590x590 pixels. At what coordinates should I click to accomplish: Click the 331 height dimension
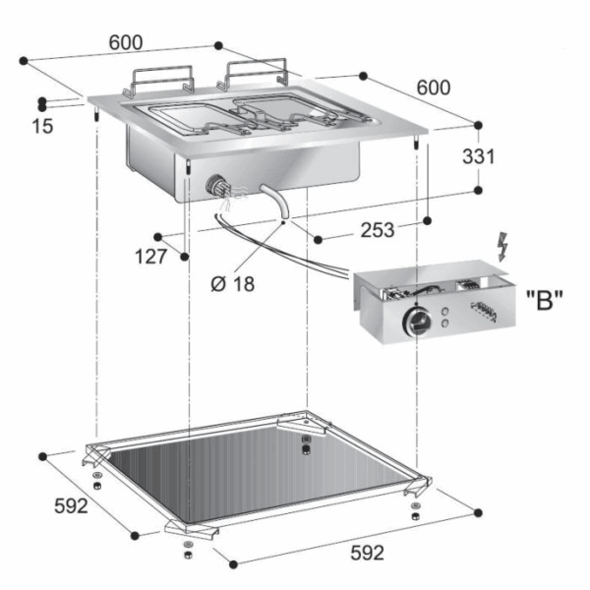point(478,156)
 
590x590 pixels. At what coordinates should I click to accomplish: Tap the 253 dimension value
point(378,230)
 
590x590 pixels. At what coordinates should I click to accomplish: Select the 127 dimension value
point(150,257)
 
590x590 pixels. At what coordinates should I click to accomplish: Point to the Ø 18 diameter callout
point(232,284)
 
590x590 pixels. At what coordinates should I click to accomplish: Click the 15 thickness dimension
point(42,126)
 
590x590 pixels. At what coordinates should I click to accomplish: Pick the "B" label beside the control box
point(545,300)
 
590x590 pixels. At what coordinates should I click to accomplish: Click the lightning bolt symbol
point(502,247)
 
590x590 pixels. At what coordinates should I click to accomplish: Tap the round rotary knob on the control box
point(417,321)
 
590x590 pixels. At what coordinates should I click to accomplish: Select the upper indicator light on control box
point(445,312)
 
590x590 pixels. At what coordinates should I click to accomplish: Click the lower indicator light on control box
point(445,323)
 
